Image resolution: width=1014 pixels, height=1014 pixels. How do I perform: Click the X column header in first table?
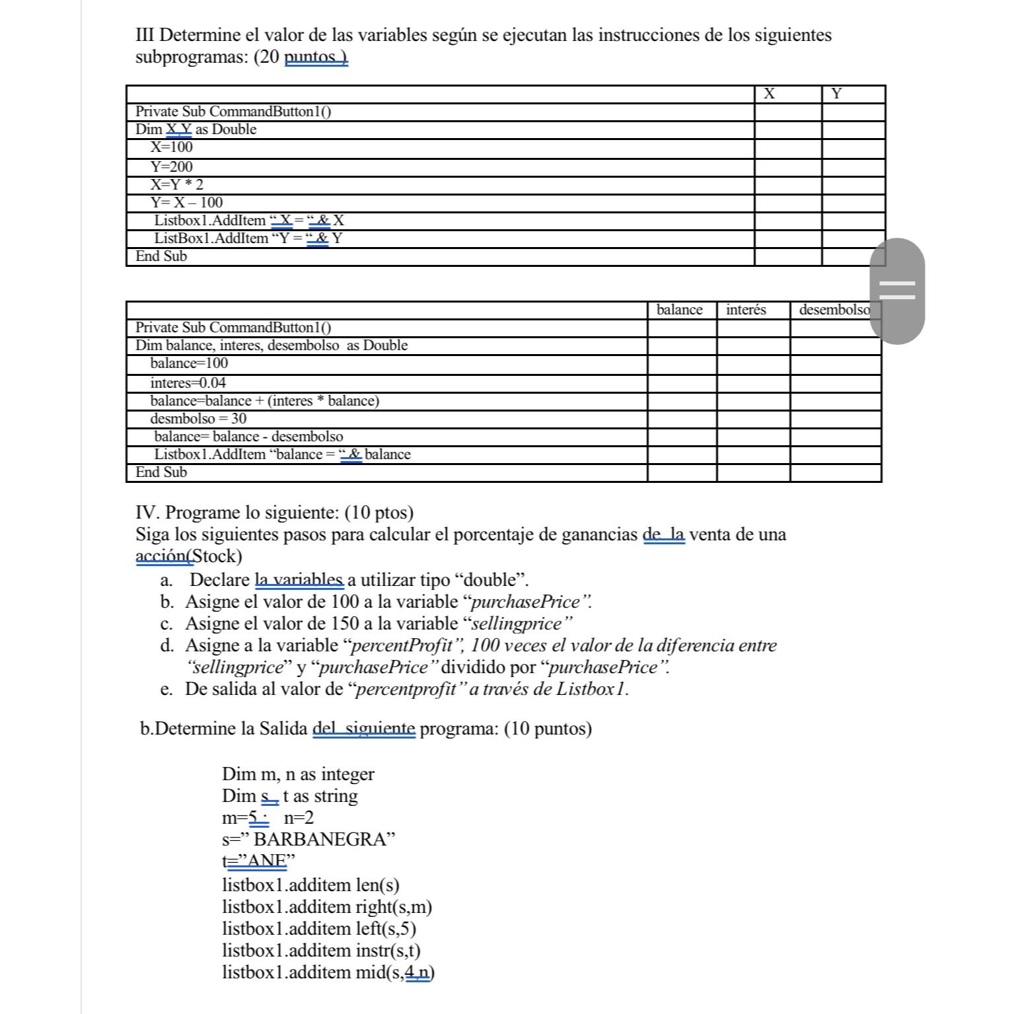(x=769, y=94)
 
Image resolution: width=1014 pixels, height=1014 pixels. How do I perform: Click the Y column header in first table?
(x=837, y=94)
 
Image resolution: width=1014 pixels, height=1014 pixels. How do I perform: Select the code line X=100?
(x=171, y=147)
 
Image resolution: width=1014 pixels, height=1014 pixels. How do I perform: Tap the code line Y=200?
(x=171, y=166)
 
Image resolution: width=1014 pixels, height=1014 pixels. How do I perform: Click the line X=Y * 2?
(x=176, y=184)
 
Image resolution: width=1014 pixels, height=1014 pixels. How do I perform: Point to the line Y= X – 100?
(x=186, y=202)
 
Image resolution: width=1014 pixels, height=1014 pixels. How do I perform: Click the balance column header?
(x=679, y=309)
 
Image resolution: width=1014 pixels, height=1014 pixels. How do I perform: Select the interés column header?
(x=746, y=309)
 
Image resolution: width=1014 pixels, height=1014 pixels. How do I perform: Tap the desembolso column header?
(x=835, y=309)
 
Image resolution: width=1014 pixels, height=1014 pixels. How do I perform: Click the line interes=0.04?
(x=188, y=382)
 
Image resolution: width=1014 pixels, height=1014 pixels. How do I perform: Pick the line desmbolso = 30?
(x=198, y=418)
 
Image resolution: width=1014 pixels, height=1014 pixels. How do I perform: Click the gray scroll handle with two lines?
(x=896, y=291)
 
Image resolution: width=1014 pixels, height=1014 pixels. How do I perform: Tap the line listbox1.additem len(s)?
(x=310, y=885)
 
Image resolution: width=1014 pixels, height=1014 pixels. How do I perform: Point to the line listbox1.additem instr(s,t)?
(x=321, y=951)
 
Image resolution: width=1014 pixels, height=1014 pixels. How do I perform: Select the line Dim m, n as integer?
(x=298, y=774)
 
